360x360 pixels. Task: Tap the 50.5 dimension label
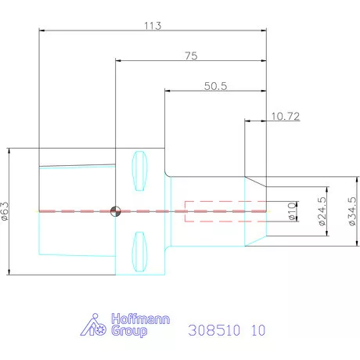click(216, 86)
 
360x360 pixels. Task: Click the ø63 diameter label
click(5, 211)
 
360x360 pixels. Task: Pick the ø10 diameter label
click(291, 211)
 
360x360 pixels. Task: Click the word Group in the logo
click(130, 332)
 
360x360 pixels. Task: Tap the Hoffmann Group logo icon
click(95, 326)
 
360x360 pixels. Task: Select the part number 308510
click(214, 330)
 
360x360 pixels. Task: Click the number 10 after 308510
click(257, 330)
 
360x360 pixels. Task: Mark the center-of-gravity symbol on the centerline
click(116, 211)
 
